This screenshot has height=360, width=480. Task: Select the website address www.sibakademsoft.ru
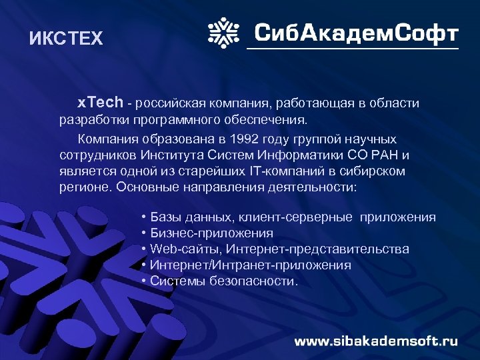[376, 341]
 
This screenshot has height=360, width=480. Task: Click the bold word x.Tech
[100, 103]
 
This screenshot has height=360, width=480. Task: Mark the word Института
[174, 155]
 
